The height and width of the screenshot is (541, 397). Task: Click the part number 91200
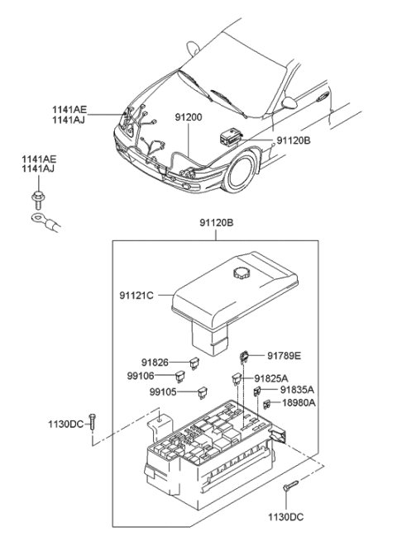tap(189, 117)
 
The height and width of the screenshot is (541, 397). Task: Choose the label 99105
tap(155, 392)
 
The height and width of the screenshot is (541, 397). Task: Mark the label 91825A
tap(272, 378)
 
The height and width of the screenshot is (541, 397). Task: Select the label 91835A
tap(297, 390)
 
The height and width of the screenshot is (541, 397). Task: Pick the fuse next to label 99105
tap(201, 393)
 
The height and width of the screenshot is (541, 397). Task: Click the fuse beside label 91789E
tap(245, 356)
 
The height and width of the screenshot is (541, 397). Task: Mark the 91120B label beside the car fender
tap(294, 140)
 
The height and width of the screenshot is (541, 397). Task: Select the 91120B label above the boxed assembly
tap(216, 224)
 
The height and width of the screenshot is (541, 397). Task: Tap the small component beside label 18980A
tap(269, 404)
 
